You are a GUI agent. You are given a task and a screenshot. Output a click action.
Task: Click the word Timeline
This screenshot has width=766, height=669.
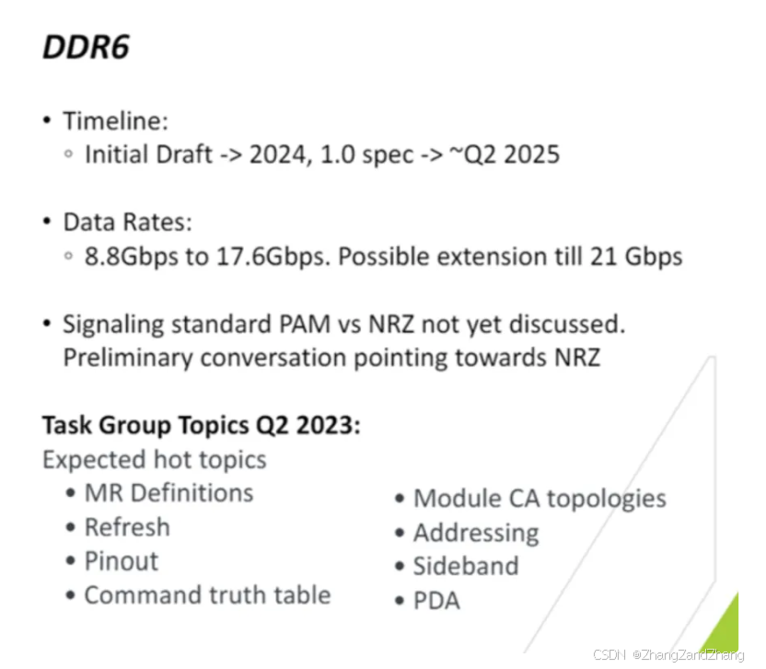[x=115, y=121]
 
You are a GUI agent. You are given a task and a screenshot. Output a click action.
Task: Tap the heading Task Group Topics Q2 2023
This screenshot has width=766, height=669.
[x=202, y=425]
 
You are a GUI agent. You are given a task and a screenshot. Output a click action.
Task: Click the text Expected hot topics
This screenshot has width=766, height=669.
[x=155, y=458]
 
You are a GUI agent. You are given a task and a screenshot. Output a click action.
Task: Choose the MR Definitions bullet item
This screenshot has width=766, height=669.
[x=168, y=492]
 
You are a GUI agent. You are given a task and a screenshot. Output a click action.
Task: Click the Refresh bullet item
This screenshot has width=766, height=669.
[x=127, y=527]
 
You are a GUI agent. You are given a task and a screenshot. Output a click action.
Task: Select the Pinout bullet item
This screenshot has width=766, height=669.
[x=122, y=561]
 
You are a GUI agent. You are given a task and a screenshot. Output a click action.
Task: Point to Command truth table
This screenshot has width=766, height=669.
[x=207, y=594]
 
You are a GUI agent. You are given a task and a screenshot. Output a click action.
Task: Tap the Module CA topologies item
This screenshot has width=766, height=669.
[x=540, y=499]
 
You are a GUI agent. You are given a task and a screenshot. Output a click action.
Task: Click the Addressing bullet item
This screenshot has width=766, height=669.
[x=476, y=533]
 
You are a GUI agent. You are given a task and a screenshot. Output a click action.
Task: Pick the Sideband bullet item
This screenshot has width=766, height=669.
[x=466, y=566]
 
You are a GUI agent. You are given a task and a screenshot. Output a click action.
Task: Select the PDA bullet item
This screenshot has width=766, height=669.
[x=436, y=601]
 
